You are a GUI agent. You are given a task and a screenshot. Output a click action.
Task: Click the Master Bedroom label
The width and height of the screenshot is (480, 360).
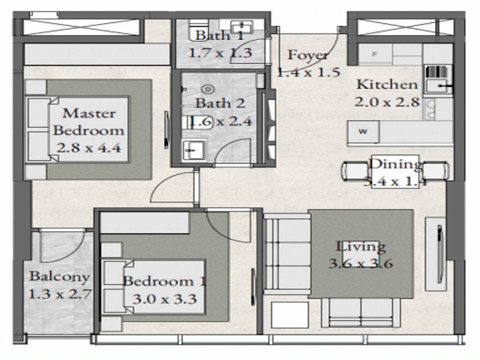tap(89, 122)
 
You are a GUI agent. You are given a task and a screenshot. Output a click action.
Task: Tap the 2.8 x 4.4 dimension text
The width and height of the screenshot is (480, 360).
tap(89, 148)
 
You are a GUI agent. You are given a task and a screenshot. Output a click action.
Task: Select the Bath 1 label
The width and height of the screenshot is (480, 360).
tap(220, 35)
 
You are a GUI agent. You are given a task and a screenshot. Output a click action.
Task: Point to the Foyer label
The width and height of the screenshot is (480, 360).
tap(308, 55)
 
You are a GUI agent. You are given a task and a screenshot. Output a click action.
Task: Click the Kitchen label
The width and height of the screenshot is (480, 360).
tap(387, 84)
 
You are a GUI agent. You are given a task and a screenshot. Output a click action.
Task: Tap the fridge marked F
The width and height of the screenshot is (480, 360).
tap(375, 54)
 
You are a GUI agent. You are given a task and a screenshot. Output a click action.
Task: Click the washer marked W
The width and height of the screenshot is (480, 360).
tap(364, 132)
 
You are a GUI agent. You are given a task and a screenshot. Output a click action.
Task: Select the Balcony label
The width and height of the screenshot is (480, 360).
tap(60, 277)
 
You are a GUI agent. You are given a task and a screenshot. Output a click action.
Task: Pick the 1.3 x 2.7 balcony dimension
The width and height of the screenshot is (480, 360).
tap(60, 294)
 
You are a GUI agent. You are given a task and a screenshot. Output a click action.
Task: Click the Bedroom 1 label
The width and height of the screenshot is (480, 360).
tap(164, 281)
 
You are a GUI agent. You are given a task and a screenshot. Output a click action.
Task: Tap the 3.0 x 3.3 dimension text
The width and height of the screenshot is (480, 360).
tap(164, 299)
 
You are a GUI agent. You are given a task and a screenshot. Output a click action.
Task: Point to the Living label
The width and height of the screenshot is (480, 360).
tap(361, 247)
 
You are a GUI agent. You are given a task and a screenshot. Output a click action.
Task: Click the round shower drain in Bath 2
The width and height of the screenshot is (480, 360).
tap(208, 89)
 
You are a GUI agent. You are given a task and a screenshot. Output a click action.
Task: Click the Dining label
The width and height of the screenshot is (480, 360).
tap(396, 164)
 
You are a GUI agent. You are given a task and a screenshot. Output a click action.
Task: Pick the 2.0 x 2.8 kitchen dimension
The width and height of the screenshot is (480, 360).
tap(387, 102)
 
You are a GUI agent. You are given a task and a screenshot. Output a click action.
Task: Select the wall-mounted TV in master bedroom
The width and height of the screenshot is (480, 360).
tap(167, 130)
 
